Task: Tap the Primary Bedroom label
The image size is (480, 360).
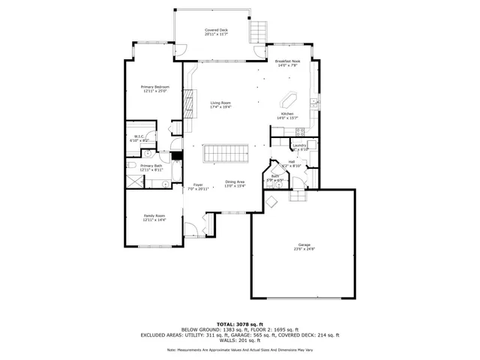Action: [155, 87]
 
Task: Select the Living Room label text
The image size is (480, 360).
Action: [220, 102]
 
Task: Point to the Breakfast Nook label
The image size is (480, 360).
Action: [288, 61]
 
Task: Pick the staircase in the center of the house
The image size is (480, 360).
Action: [225, 153]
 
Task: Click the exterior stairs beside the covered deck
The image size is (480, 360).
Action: [258, 32]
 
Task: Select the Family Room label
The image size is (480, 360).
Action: [154, 216]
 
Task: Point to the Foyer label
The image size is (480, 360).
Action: [198, 184]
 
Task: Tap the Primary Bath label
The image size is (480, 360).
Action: [151, 166]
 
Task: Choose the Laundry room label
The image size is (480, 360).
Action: [298, 145]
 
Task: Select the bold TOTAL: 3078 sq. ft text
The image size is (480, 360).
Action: [240, 324]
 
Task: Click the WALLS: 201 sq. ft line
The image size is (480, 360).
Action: [240, 340]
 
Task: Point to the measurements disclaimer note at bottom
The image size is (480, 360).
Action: [240, 350]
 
